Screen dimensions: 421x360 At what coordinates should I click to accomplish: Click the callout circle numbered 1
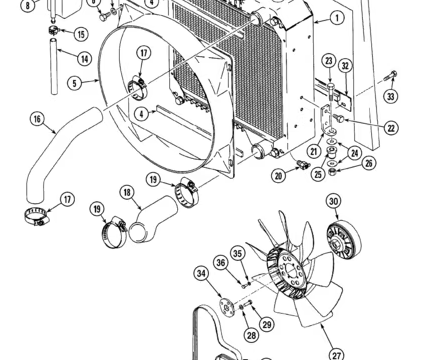(337, 18)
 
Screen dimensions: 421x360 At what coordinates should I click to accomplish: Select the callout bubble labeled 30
(334, 201)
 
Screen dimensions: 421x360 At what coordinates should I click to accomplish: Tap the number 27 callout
(337, 354)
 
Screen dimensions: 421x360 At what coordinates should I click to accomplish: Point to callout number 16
(37, 119)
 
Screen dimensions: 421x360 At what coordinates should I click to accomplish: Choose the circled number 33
(391, 96)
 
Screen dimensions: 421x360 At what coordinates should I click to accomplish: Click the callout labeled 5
(74, 83)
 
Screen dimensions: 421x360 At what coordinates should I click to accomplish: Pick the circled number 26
(369, 163)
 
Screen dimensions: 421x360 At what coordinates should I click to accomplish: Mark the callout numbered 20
(279, 176)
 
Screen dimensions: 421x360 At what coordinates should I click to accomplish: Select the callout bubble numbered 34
(201, 273)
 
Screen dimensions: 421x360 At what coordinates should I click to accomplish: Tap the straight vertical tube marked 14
(54, 67)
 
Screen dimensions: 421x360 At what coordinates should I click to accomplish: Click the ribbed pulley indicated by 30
(344, 239)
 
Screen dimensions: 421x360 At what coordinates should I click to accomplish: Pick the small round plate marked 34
(226, 306)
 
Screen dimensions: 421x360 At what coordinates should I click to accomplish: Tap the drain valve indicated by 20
(303, 164)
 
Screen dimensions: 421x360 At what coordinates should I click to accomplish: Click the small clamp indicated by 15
(53, 30)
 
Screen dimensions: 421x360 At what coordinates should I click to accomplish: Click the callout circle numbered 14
(84, 59)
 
